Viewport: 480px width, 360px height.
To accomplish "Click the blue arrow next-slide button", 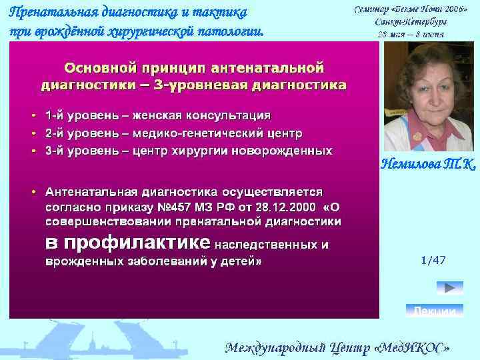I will click(x=449, y=288).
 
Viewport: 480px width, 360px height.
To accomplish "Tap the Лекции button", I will click(x=435, y=311).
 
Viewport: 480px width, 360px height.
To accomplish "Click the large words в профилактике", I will click(x=127, y=242).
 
